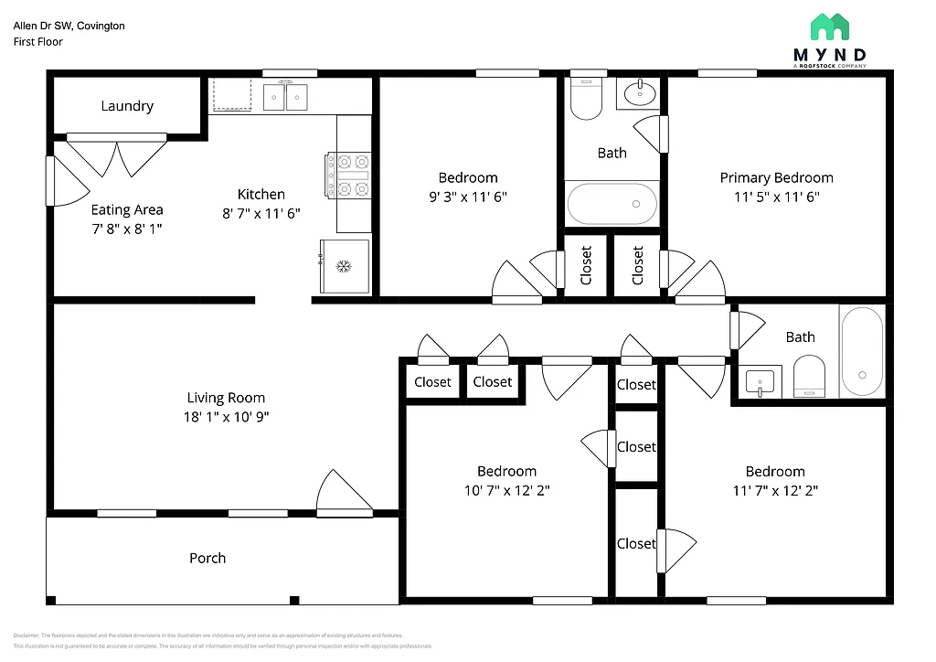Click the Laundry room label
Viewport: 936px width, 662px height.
[127, 106]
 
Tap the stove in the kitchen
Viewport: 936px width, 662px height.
[347, 176]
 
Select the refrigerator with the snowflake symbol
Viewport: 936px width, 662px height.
[345, 266]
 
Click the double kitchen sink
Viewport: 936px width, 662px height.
[285, 97]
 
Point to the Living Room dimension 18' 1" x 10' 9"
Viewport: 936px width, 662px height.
[227, 416]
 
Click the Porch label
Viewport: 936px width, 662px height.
[207, 558]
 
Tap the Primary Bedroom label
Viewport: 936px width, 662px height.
[776, 177]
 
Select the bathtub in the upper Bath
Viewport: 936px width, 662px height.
[612, 204]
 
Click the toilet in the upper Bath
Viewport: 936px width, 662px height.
[586, 100]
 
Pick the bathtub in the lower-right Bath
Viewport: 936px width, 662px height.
[862, 352]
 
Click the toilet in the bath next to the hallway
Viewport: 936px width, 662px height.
[809, 377]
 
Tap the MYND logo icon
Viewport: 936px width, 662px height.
[829, 28]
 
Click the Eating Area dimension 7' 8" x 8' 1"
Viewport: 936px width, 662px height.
[126, 228]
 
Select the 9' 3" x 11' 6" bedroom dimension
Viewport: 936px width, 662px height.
[468, 196]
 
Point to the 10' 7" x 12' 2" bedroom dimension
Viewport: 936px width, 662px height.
[506, 489]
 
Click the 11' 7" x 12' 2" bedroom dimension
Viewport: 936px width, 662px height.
[775, 489]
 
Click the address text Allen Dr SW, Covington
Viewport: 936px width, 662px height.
[69, 26]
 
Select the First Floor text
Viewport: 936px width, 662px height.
[37, 42]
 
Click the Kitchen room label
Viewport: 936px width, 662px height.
[261, 194]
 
